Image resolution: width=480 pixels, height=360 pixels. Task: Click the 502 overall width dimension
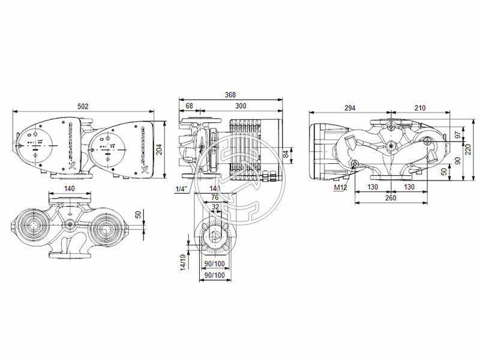click(83, 106)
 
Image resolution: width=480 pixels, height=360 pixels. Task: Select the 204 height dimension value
click(159, 150)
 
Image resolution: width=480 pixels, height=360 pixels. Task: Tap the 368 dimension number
click(230, 95)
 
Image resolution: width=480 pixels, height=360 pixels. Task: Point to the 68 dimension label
click(189, 106)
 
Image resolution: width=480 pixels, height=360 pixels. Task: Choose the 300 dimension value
click(240, 106)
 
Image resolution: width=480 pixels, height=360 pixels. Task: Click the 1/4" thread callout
click(181, 189)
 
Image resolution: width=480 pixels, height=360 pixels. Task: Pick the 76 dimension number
click(214, 197)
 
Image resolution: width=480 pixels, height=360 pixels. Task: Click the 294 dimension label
click(349, 108)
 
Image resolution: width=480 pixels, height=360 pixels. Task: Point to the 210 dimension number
click(419, 108)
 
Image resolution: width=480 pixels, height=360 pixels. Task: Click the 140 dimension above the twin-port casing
click(70, 188)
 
